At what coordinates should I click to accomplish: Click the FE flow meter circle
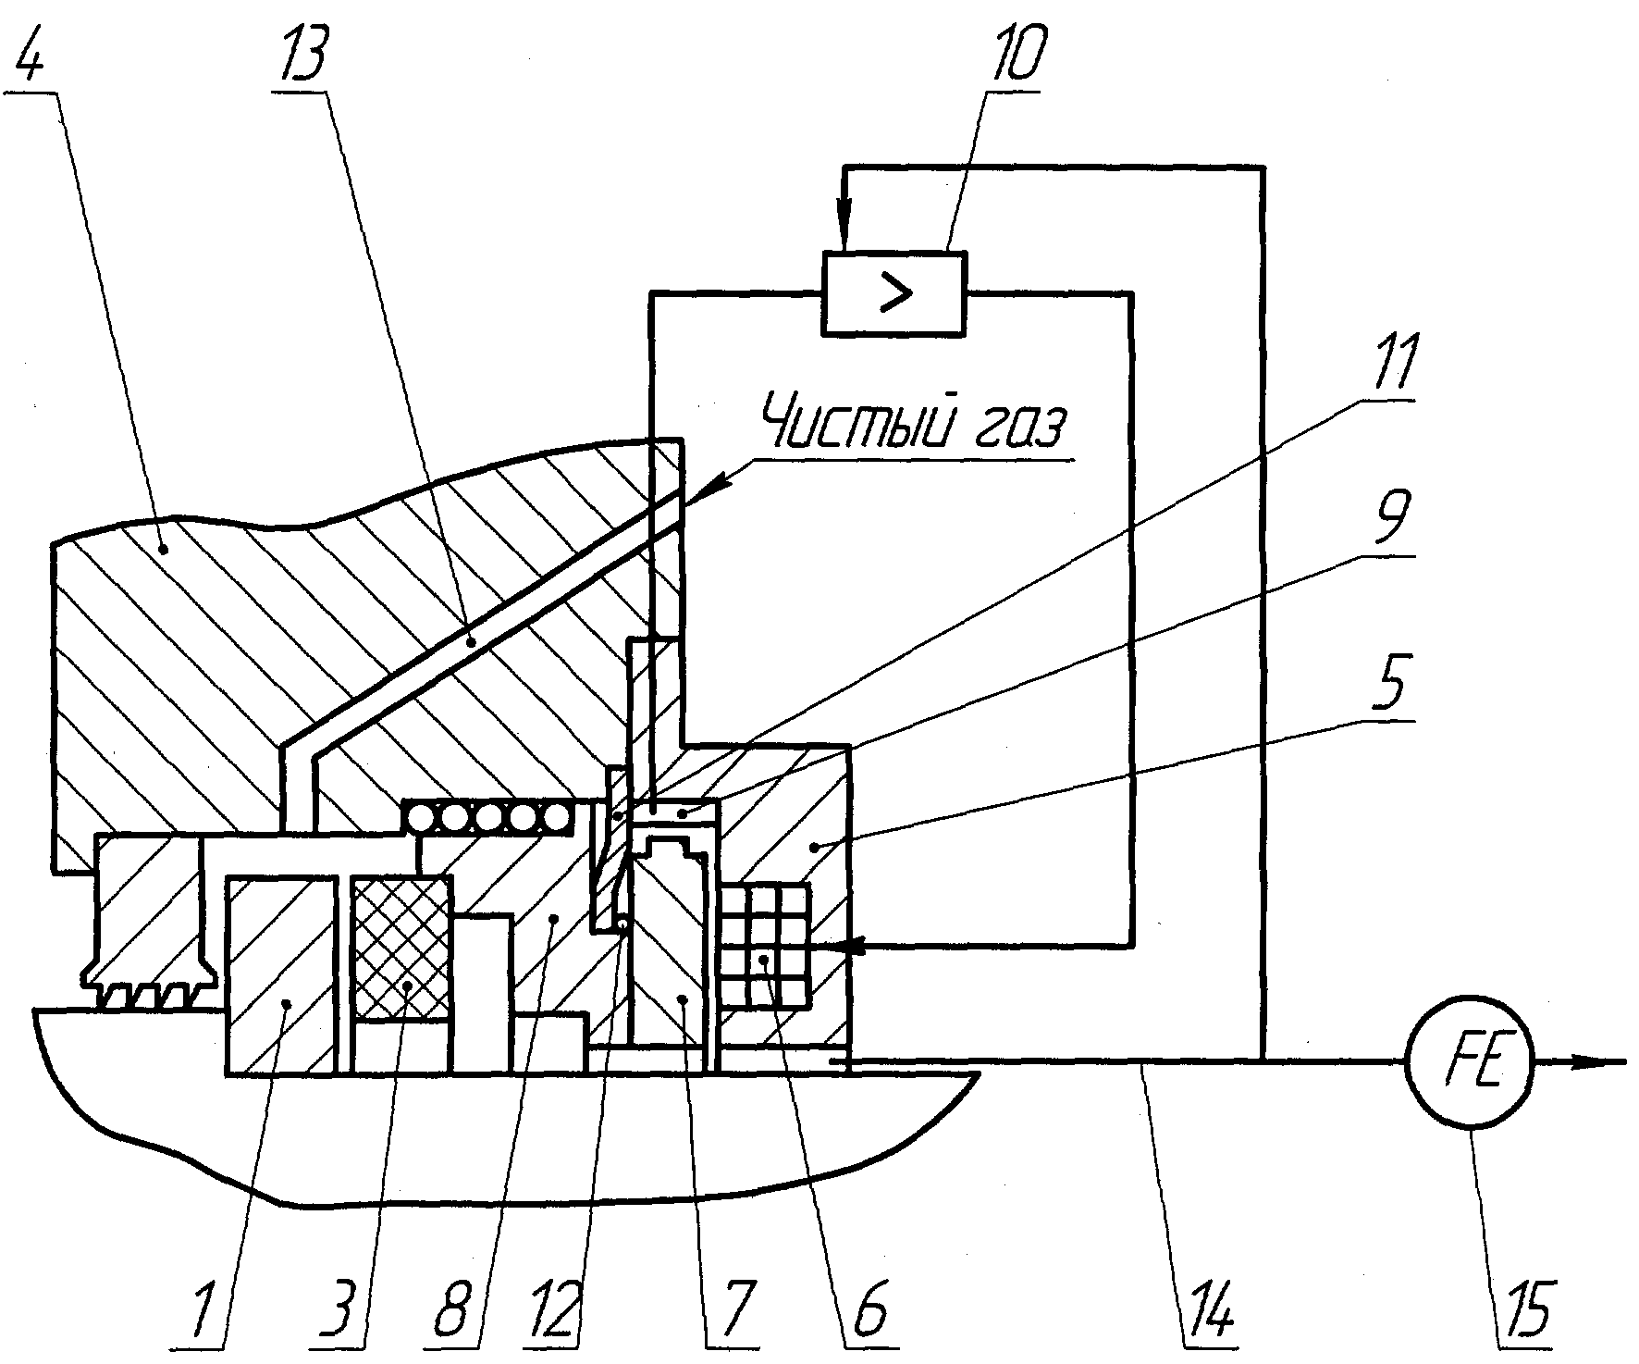1470,1061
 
